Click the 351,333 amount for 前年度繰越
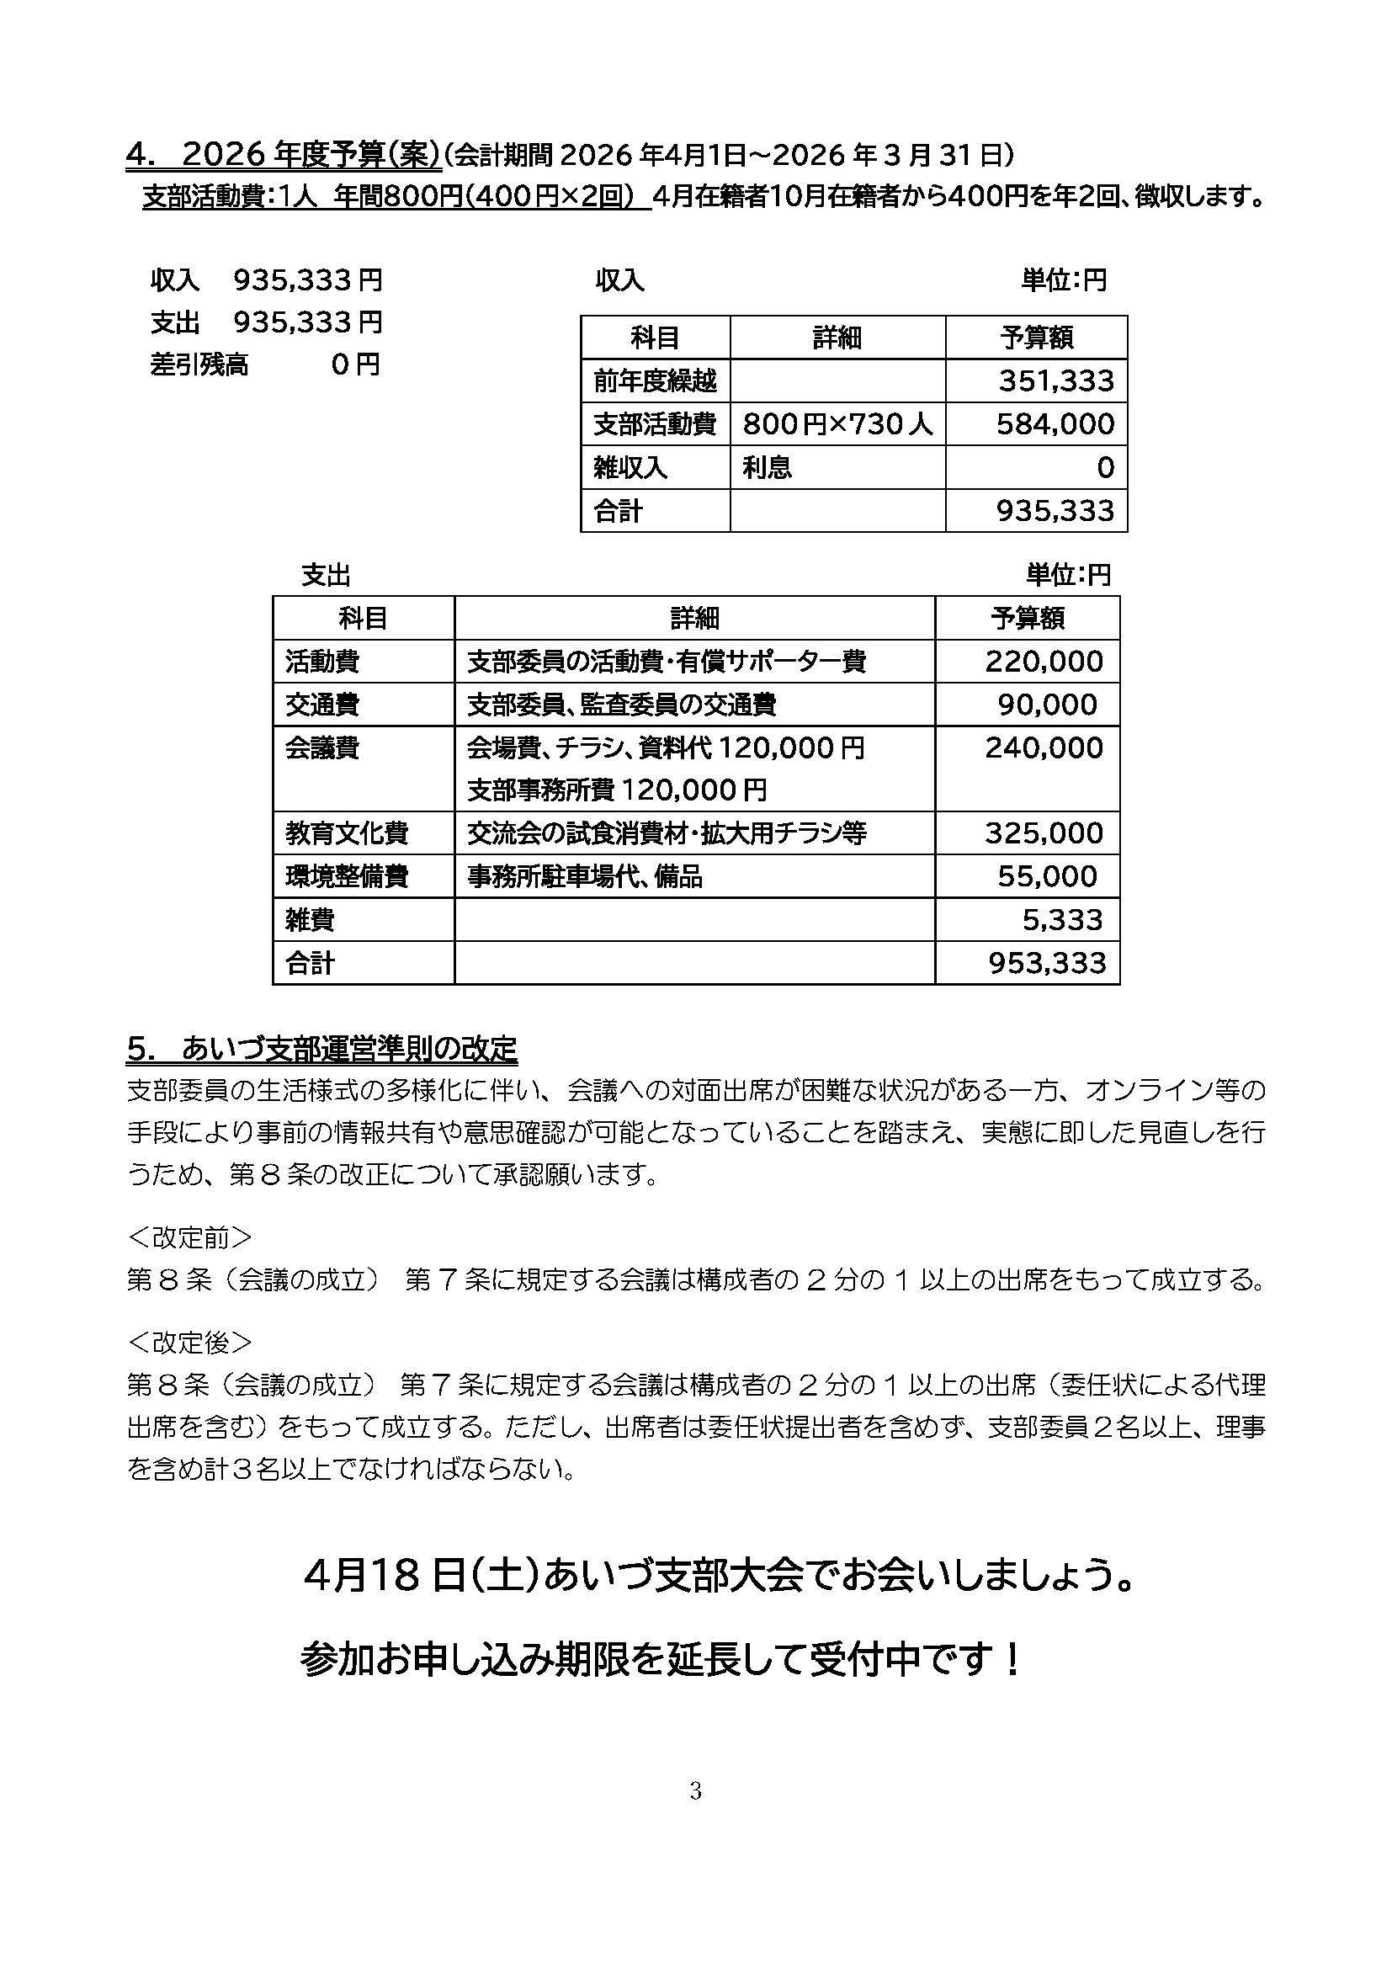(1056, 380)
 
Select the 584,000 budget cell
(1055, 423)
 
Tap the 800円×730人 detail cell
(837, 423)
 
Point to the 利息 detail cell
(768, 467)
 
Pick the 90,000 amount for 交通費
(1047, 705)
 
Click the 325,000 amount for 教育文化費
(1043, 833)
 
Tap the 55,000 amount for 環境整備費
(1047, 876)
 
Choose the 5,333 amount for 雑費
(1061, 920)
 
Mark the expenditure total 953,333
(1047, 964)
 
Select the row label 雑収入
(630, 467)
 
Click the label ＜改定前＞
(189, 1237)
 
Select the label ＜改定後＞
(189, 1342)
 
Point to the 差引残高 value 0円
(356, 365)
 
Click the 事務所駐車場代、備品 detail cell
(585, 876)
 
